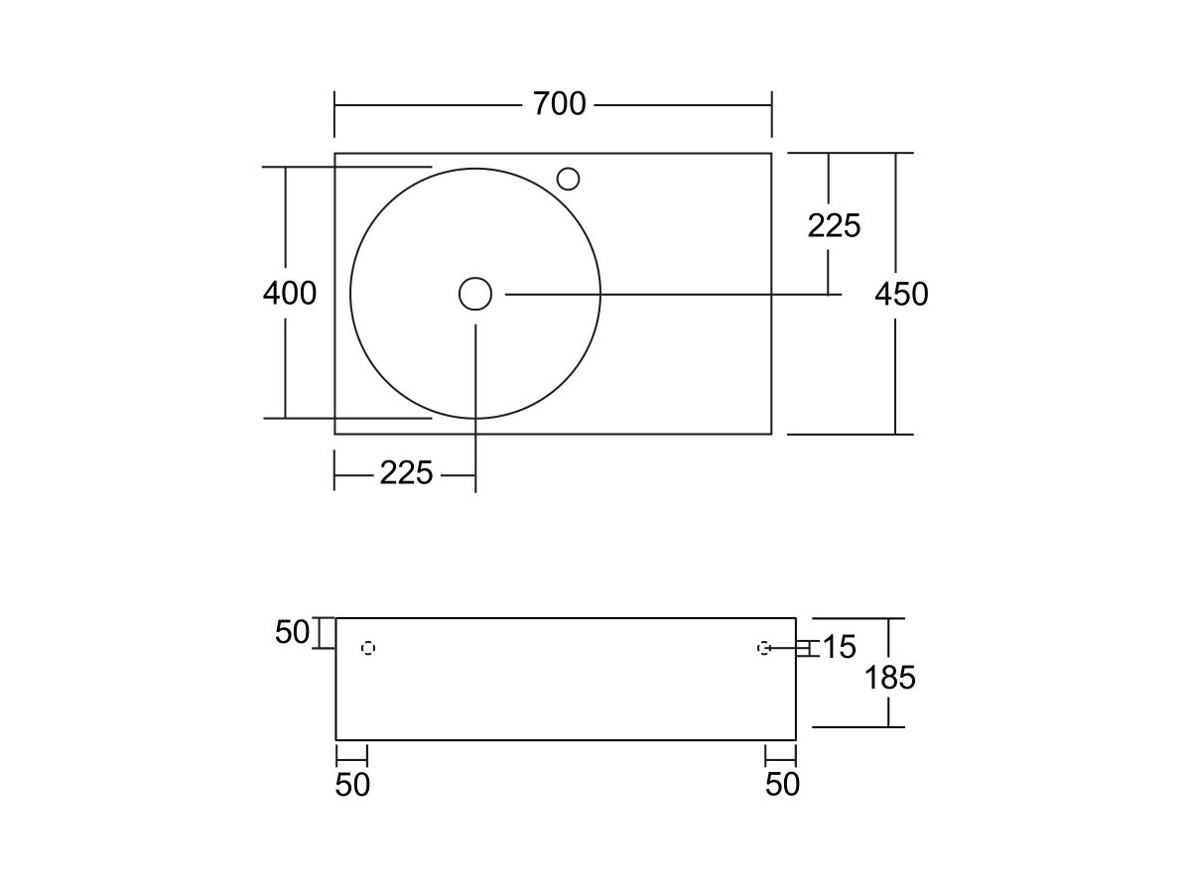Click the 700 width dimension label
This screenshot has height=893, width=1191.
(x=559, y=104)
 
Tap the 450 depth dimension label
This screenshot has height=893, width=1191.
(x=901, y=295)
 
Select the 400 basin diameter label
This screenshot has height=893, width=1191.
(x=290, y=294)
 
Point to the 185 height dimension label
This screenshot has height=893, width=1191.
(x=890, y=678)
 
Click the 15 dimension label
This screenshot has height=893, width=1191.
(x=840, y=647)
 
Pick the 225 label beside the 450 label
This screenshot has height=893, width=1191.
(x=834, y=225)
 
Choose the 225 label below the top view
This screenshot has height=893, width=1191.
(x=406, y=473)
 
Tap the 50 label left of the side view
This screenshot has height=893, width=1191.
(x=292, y=632)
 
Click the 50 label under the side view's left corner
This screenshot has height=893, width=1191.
(x=352, y=785)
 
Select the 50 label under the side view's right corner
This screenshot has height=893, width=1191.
(x=782, y=784)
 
